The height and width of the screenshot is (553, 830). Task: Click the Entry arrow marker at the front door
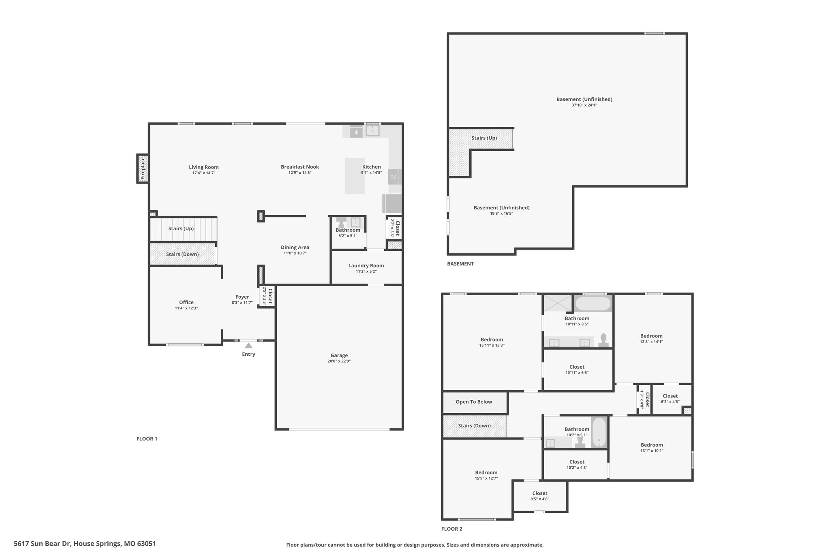(248, 346)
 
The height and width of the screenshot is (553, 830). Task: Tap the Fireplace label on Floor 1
(143, 169)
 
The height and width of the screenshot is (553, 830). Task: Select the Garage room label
(339, 355)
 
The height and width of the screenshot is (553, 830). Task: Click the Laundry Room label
(366, 266)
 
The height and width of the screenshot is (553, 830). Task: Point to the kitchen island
(355, 175)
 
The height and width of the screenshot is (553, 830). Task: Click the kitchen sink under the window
(372, 131)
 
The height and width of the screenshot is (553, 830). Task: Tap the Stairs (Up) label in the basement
(484, 138)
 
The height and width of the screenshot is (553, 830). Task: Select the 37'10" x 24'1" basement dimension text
(584, 105)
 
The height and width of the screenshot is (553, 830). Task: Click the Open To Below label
(474, 402)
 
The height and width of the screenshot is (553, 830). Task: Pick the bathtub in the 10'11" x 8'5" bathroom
(593, 303)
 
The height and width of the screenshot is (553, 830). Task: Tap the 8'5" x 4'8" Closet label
(539, 493)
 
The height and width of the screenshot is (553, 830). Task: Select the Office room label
(186, 302)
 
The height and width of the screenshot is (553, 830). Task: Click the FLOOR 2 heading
(451, 529)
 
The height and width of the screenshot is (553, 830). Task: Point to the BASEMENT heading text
(460, 264)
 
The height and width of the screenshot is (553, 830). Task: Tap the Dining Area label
(295, 247)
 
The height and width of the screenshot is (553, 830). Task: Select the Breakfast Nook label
(300, 167)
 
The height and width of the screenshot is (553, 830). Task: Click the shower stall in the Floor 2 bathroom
(557, 303)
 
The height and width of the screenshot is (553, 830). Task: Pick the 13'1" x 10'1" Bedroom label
(652, 445)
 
